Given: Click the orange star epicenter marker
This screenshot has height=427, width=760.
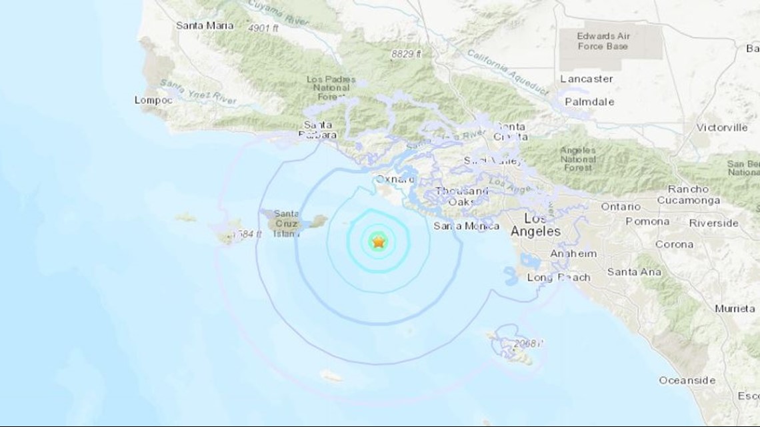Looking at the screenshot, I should tap(379, 242).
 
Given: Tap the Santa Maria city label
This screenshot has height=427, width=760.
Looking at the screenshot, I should tap(205, 25).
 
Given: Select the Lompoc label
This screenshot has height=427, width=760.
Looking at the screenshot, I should tap(153, 100).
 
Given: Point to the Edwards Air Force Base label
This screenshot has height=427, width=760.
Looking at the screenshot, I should tap(603, 41).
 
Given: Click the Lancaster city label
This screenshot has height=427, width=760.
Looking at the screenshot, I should tap(587, 79).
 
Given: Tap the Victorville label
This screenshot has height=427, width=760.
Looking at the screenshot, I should tap(722, 127).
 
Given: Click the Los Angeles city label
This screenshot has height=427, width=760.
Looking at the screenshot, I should tap(535, 225).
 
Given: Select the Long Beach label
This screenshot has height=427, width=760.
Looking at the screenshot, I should tap(559, 277).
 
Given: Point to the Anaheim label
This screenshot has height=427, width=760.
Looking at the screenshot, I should tap(573, 254).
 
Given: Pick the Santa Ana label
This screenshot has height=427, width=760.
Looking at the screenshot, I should tap(634, 272).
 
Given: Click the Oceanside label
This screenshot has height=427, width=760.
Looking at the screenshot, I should tap(687, 380).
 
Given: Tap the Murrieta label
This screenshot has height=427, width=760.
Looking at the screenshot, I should tap(735, 308).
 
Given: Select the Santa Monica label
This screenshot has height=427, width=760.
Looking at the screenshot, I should tap(466, 226).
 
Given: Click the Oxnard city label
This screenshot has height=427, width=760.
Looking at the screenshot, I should tap(395, 179).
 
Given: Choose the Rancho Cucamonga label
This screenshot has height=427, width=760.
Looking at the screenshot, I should tap(689, 195).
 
